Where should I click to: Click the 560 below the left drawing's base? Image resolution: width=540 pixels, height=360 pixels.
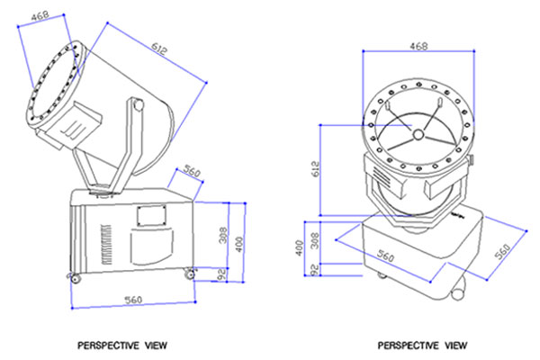131,300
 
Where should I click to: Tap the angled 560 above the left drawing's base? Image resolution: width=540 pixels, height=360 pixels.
192,168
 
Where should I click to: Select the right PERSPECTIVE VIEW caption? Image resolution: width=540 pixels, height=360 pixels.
422,344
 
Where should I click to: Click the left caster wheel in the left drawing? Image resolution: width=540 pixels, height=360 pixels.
71,276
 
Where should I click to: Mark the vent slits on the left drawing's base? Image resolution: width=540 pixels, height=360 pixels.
105,242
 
